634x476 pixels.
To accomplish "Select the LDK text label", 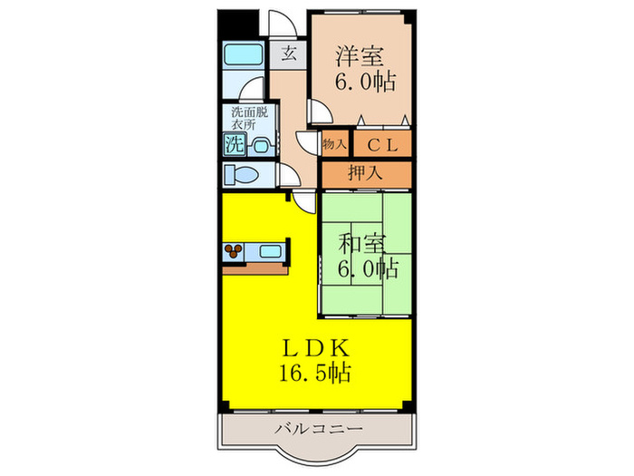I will tap(315, 347).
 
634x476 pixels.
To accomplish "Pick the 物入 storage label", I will tap(335, 144).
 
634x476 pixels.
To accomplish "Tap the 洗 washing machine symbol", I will tap(235, 143).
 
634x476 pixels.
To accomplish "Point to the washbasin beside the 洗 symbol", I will tap(262, 143).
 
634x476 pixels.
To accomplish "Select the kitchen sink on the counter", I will tap(272, 250).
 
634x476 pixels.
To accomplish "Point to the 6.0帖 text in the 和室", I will tap(368, 268).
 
